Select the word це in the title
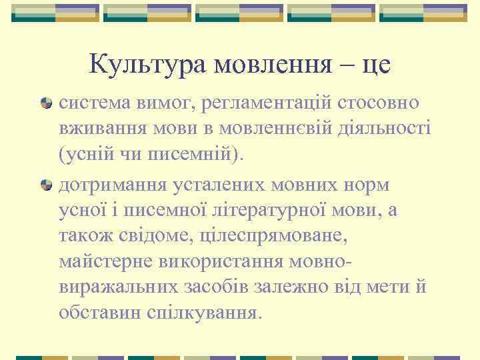coord(375,65)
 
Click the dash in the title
coord(347,65)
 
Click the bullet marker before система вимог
coord(47,104)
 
